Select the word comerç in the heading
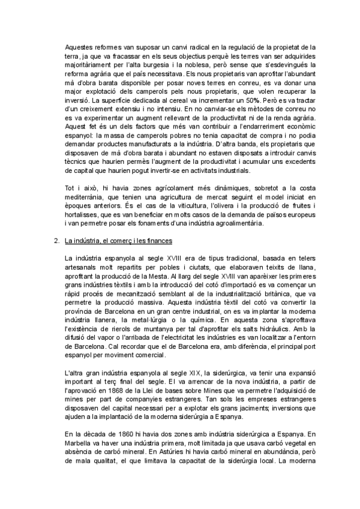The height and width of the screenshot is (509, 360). (x=119, y=241)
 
